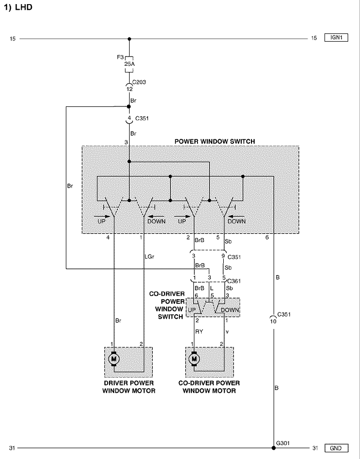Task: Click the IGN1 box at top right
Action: pos(337,38)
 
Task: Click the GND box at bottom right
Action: pos(337,448)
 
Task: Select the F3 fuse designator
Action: pos(120,57)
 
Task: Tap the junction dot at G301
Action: pos(274,448)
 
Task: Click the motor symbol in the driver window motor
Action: pos(113,358)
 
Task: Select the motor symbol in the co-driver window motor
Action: pos(194,358)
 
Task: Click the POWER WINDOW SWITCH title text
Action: pos(215,141)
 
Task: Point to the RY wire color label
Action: pos(199,332)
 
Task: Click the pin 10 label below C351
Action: pos(273,321)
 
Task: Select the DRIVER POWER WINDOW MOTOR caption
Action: pos(129,387)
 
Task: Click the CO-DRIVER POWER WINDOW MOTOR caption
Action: pos(209,387)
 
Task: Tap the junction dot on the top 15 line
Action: pos(130,38)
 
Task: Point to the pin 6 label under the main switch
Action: pos(267,238)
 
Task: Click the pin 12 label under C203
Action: pos(130,89)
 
